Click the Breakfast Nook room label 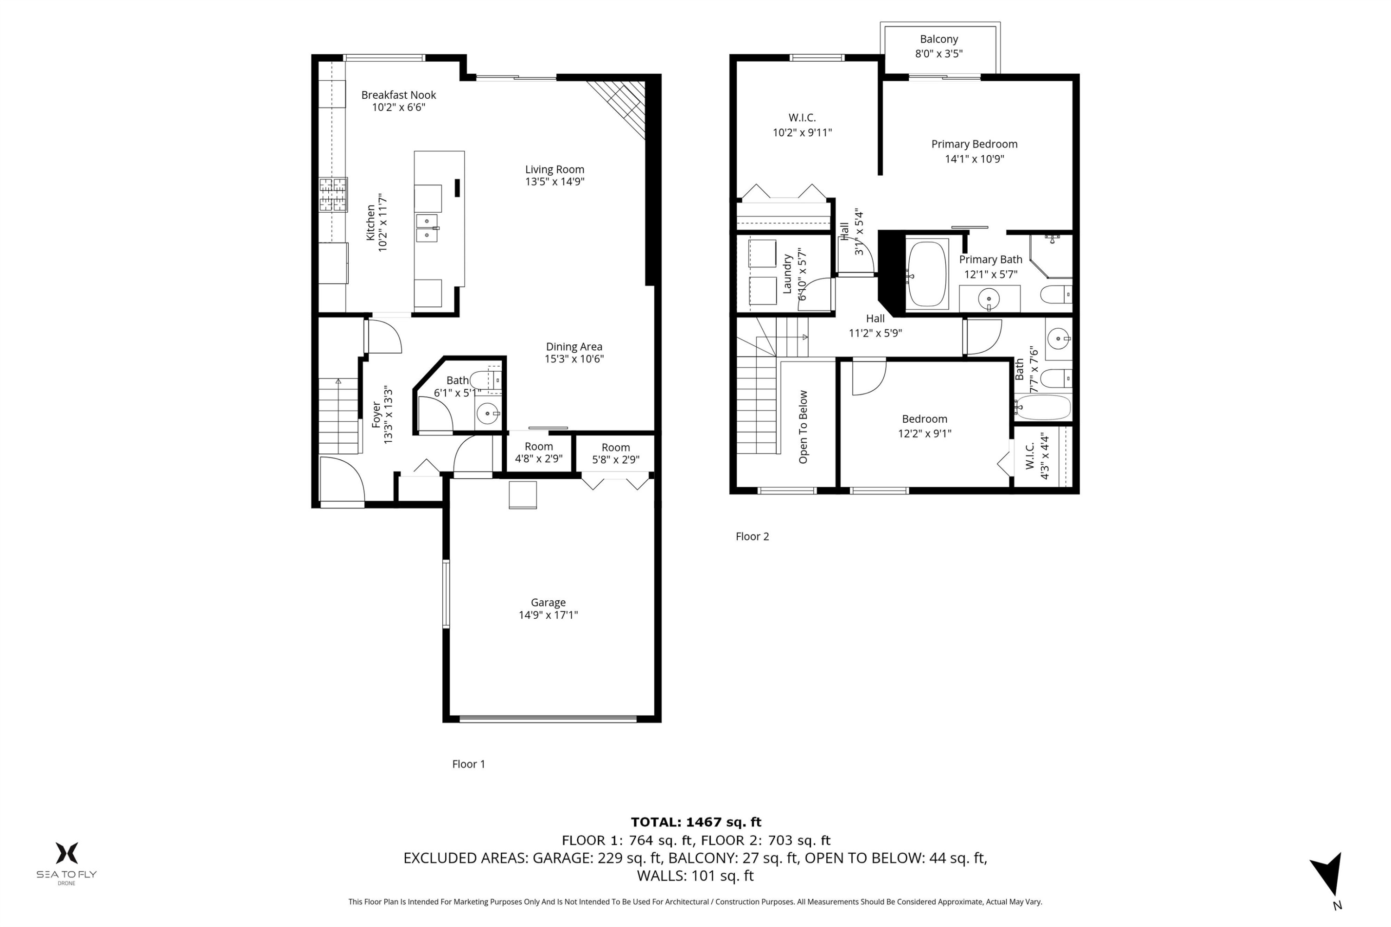tap(399, 95)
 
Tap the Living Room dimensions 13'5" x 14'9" tap(555, 182)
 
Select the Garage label tap(548, 603)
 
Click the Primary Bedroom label tap(974, 144)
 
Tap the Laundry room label tap(787, 274)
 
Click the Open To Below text tap(803, 427)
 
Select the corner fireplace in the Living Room tap(618, 107)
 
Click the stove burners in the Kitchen tap(333, 195)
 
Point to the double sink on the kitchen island tap(427, 228)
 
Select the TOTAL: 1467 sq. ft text tap(695, 822)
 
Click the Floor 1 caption tap(468, 764)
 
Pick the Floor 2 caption tap(752, 536)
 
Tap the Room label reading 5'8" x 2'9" tap(616, 453)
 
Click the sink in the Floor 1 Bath tap(487, 413)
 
